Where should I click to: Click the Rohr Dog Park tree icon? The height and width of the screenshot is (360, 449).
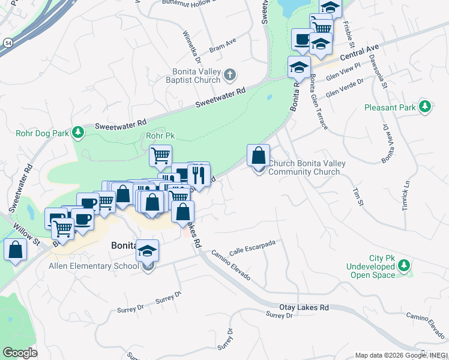77,131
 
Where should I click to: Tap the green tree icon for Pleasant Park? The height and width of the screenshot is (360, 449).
425,107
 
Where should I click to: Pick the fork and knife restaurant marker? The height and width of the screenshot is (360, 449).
197,175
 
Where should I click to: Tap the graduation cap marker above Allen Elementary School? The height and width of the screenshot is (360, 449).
147,251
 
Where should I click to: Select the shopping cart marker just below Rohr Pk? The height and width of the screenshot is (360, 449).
160,156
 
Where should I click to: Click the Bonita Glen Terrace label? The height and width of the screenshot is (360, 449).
319,102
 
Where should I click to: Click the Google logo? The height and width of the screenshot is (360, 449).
20,352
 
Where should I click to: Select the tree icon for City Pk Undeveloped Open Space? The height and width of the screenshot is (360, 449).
405,265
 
